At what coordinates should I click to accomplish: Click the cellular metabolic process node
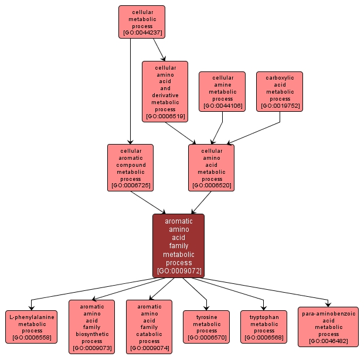pos(141,22)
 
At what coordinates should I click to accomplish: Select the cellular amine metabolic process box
pos(222,91)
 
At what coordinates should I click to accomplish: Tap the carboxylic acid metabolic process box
pos(280,91)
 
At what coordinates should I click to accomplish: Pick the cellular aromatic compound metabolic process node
pos(130,167)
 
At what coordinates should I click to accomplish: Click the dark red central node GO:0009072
pos(178,245)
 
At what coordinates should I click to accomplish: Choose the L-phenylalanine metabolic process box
pos(32,327)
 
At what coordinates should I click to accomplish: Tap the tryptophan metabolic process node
pos(264,327)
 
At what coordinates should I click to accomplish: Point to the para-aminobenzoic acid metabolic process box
pos(328,327)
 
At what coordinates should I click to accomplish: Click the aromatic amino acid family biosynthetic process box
pos(91,327)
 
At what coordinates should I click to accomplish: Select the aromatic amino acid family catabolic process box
pos(149,327)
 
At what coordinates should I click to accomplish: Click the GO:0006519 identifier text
pos(165,116)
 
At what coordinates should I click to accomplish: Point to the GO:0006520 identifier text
pos(211,185)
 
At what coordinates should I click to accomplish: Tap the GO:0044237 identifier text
pos(142,33)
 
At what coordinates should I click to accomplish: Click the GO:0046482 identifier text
pos(329,341)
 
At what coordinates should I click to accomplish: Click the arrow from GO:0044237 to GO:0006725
pos(130,94)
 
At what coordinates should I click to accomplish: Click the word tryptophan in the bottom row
pos(264,317)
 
